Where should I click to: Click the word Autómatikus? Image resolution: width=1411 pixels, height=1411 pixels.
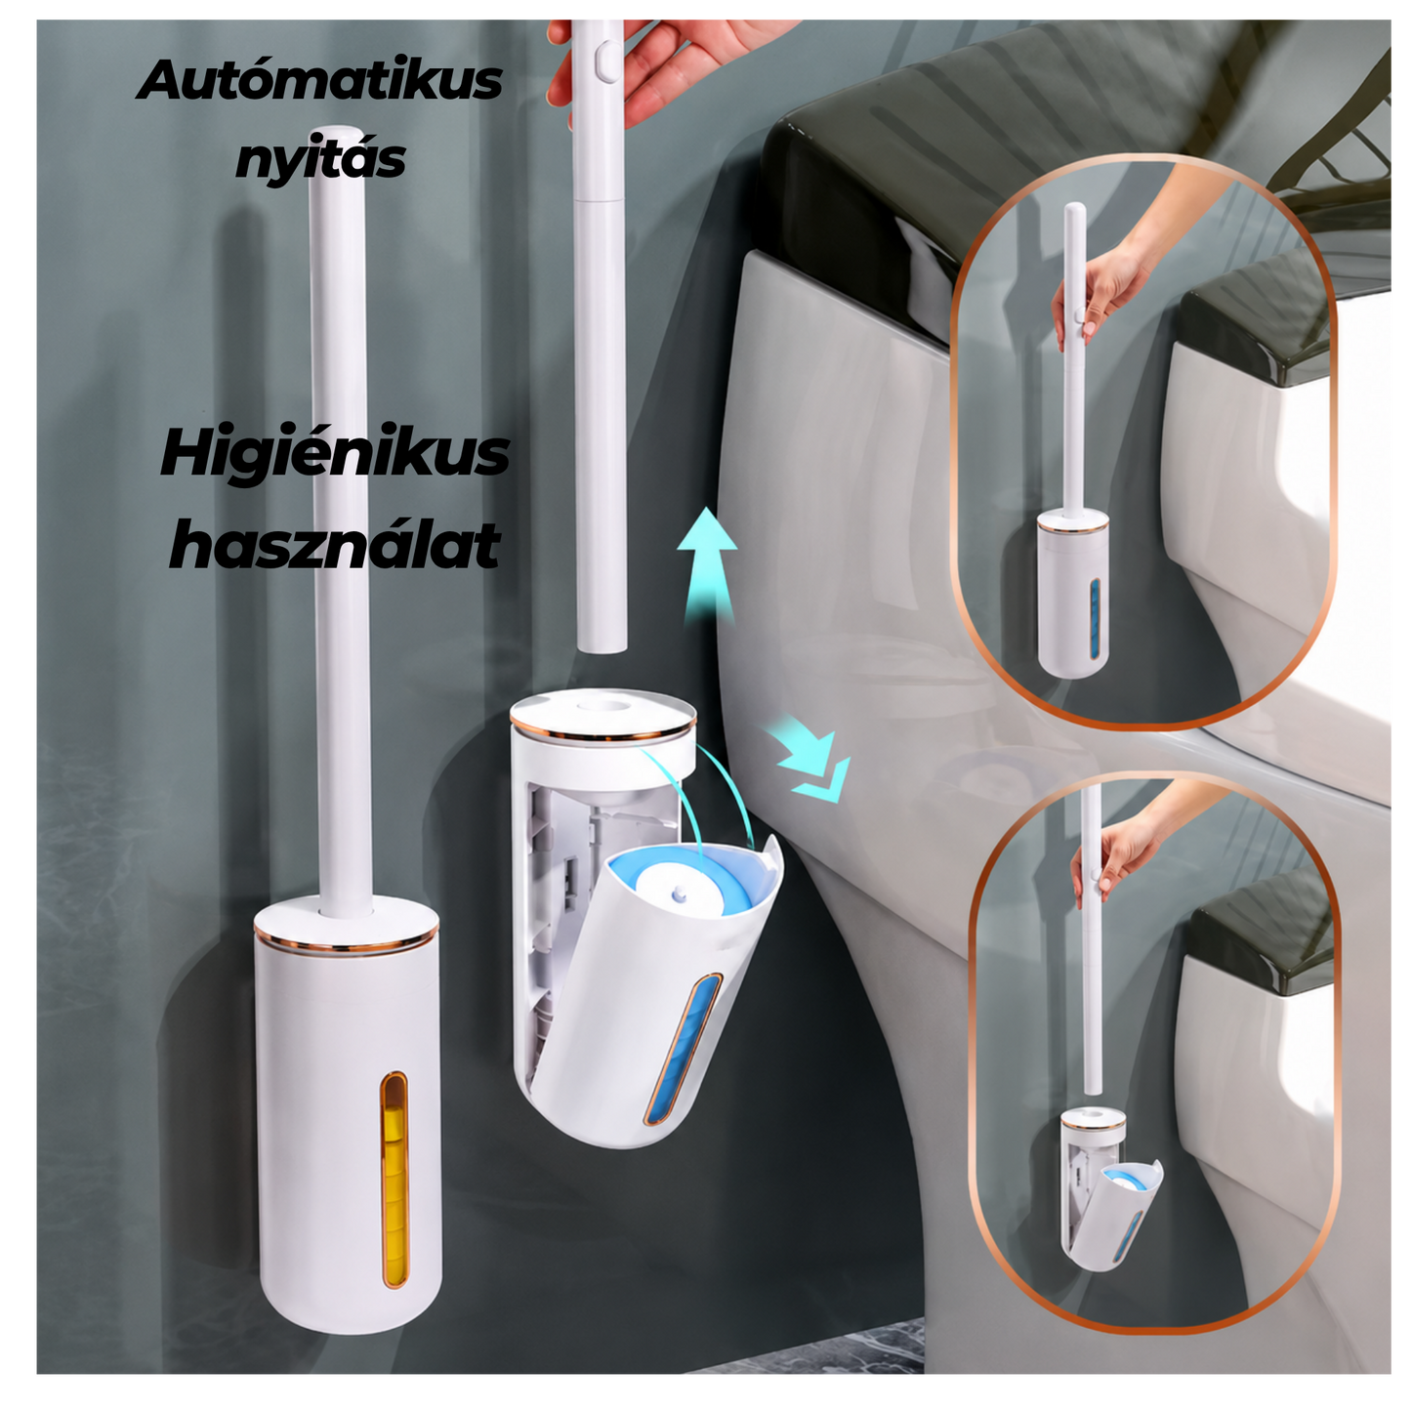tap(319, 80)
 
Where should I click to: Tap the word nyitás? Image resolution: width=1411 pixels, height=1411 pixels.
tap(320, 159)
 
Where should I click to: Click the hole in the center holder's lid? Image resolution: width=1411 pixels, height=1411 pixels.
tap(602, 706)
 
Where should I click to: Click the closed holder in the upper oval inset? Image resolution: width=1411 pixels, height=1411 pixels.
tap(1071, 594)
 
